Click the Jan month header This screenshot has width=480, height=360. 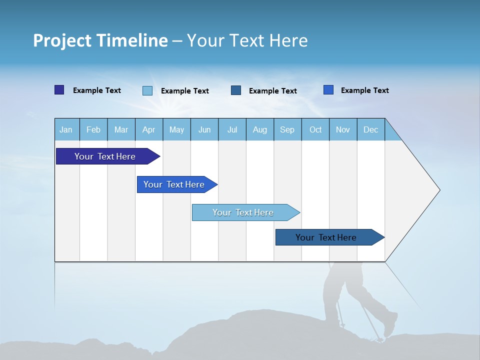[x=66, y=129]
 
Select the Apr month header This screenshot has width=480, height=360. [x=149, y=129]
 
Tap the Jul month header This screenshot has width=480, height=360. [x=232, y=129]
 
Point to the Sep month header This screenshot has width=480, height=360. [x=287, y=129]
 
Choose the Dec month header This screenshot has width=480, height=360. [x=370, y=129]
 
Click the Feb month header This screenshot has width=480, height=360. [x=93, y=129]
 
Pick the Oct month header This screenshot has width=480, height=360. [x=315, y=129]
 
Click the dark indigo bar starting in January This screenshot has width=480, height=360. [x=105, y=156]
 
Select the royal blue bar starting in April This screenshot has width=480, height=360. [x=174, y=184]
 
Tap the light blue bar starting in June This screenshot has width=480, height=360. [x=243, y=212]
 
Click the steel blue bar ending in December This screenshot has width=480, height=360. [x=326, y=237]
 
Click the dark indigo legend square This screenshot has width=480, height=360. [x=59, y=90]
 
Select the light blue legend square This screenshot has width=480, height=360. [x=147, y=90]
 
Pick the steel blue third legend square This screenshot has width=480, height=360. [x=236, y=90]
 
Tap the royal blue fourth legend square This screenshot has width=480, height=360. [x=328, y=90]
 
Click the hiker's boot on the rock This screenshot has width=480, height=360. [x=390, y=325]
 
